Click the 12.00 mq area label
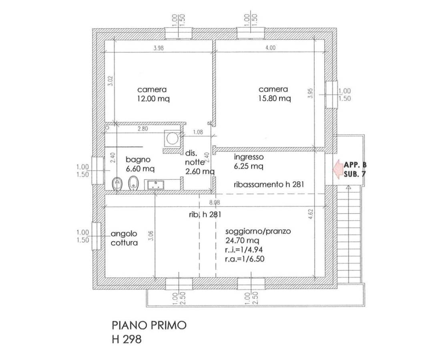coord(153,99)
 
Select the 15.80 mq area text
coord(275,98)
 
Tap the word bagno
coord(138,160)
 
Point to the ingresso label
coord(249,157)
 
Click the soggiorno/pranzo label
coord(258,231)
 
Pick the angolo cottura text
coord(124,238)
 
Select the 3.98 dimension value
coord(159,48)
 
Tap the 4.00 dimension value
coord(270,48)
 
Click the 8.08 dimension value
coord(215,203)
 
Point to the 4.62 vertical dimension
coord(310,214)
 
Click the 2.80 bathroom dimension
coord(143,129)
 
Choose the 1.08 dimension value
coord(198,132)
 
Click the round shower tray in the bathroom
coord(172,138)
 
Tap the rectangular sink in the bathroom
coord(155,185)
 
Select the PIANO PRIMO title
coord(149,325)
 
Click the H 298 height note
coord(127,340)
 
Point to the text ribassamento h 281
coord(269,184)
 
